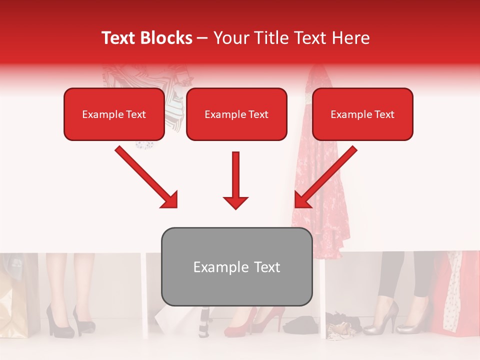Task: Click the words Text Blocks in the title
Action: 146,38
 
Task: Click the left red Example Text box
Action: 114,114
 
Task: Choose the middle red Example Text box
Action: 236,114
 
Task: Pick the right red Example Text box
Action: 362,114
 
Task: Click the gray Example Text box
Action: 236,267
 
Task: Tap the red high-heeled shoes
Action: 255,322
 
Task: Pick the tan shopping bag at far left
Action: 15,305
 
